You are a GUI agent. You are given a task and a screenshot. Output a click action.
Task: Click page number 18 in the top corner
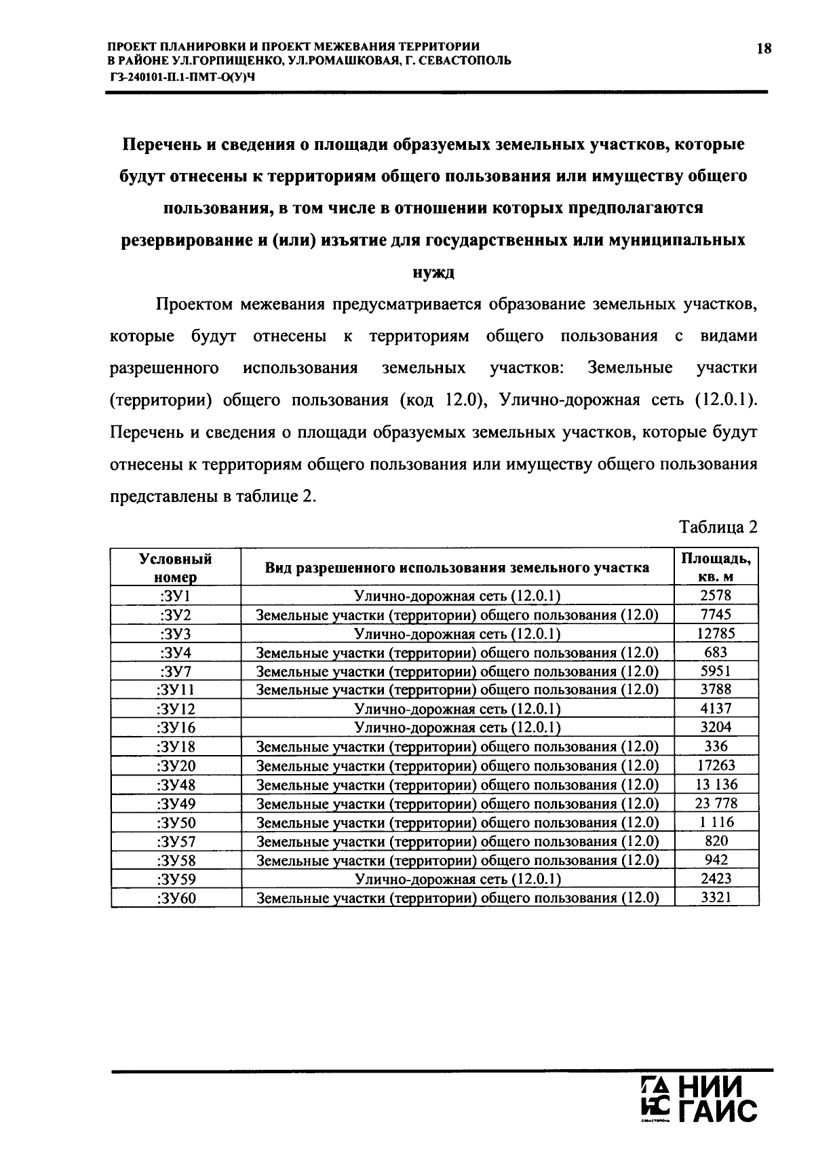click(x=764, y=49)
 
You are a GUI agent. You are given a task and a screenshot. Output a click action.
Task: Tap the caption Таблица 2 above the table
click(x=718, y=527)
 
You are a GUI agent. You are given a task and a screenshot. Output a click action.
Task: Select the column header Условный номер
click(x=176, y=568)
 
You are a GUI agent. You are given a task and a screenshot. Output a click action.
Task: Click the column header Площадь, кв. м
click(x=716, y=568)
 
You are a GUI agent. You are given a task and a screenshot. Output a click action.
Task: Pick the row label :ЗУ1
click(x=176, y=596)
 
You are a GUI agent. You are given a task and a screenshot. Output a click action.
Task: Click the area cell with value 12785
click(x=716, y=634)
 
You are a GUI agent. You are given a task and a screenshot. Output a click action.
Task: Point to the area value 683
click(x=716, y=653)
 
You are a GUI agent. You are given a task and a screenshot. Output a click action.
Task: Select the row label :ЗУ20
click(x=176, y=766)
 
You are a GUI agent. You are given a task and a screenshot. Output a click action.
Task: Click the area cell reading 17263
click(x=716, y=766)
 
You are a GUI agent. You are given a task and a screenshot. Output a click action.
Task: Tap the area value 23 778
click(x=716, y=804)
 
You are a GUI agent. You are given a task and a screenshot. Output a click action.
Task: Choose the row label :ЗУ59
click(x=176, y=879)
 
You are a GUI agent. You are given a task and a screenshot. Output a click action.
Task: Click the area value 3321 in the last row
click(x=716, y=898)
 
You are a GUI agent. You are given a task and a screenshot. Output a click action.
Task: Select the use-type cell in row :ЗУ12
click(x=458, y=710)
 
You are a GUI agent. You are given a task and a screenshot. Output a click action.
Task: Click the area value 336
click(x=716, y=747)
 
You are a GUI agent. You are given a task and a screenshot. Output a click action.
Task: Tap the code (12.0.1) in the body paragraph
click(x=725, y=400)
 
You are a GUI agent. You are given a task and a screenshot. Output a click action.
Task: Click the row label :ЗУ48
click(x=176, y=785)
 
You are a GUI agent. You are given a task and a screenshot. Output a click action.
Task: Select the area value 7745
click(x=716, y=615)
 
